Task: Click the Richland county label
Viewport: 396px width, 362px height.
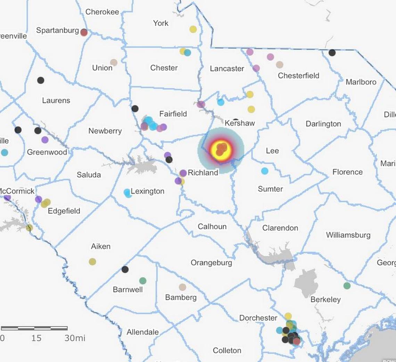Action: click(x=203, y=172)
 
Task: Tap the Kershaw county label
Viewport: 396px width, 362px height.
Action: click(x=240, y=123)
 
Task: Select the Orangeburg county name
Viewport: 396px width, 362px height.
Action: click(x=211, y=263)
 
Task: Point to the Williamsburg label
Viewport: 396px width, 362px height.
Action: click(x=348, y=235)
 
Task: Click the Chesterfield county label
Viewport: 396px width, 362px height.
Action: click(x=298, y=75)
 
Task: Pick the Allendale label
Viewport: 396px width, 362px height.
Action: click(x=142, y=332)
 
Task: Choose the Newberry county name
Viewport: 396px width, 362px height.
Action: click(x=105, y=131)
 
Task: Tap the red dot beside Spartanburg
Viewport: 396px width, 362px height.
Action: click(x=84, y=32)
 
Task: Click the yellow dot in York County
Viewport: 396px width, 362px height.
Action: click(x=193, y=29)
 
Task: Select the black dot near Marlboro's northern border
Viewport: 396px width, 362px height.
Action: click(x=332, y=53)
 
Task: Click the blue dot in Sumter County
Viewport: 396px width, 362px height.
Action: click(x=265, y=171)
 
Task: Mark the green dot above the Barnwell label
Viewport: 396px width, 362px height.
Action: click(x=143, y=280)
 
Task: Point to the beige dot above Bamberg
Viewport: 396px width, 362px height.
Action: click(x=182, y=287)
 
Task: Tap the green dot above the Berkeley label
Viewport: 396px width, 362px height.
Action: click(x=347, y=286)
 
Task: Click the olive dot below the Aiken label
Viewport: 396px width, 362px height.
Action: click(x=92, y=262)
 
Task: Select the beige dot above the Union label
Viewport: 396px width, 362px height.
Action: click(x=114, y=62)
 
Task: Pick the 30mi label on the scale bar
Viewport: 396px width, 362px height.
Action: click(x=75, y=338)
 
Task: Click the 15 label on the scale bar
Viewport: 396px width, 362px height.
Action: click(x=36, y=338)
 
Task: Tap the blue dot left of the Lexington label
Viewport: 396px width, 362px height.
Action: click(x=127, y=193)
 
